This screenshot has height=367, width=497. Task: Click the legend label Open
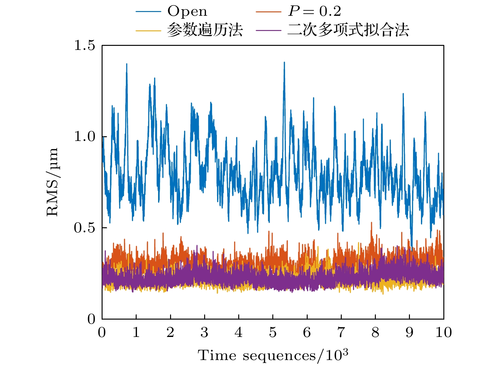187,12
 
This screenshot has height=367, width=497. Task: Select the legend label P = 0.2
315,12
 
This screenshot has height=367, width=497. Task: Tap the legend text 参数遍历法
205,30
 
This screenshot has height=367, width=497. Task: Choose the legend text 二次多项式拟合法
348,30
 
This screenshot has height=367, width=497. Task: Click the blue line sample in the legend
148,12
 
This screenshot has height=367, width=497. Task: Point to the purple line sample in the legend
269,30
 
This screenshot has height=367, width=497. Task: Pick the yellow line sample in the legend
148,30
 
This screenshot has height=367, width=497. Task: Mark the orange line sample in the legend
269,12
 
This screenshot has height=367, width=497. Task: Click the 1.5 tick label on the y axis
84,46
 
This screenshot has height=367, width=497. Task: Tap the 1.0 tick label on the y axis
84,137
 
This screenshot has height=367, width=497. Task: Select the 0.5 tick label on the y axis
84,228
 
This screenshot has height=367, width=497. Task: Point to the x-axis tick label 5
273,333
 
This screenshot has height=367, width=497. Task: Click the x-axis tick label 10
443,333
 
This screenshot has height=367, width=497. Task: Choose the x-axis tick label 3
204,333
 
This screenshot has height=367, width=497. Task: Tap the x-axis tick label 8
375,333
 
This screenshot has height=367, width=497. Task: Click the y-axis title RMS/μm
52,182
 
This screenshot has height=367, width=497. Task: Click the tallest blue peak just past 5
284,63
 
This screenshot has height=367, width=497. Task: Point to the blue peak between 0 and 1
127,64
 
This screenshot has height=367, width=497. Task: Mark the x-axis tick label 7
341,333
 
